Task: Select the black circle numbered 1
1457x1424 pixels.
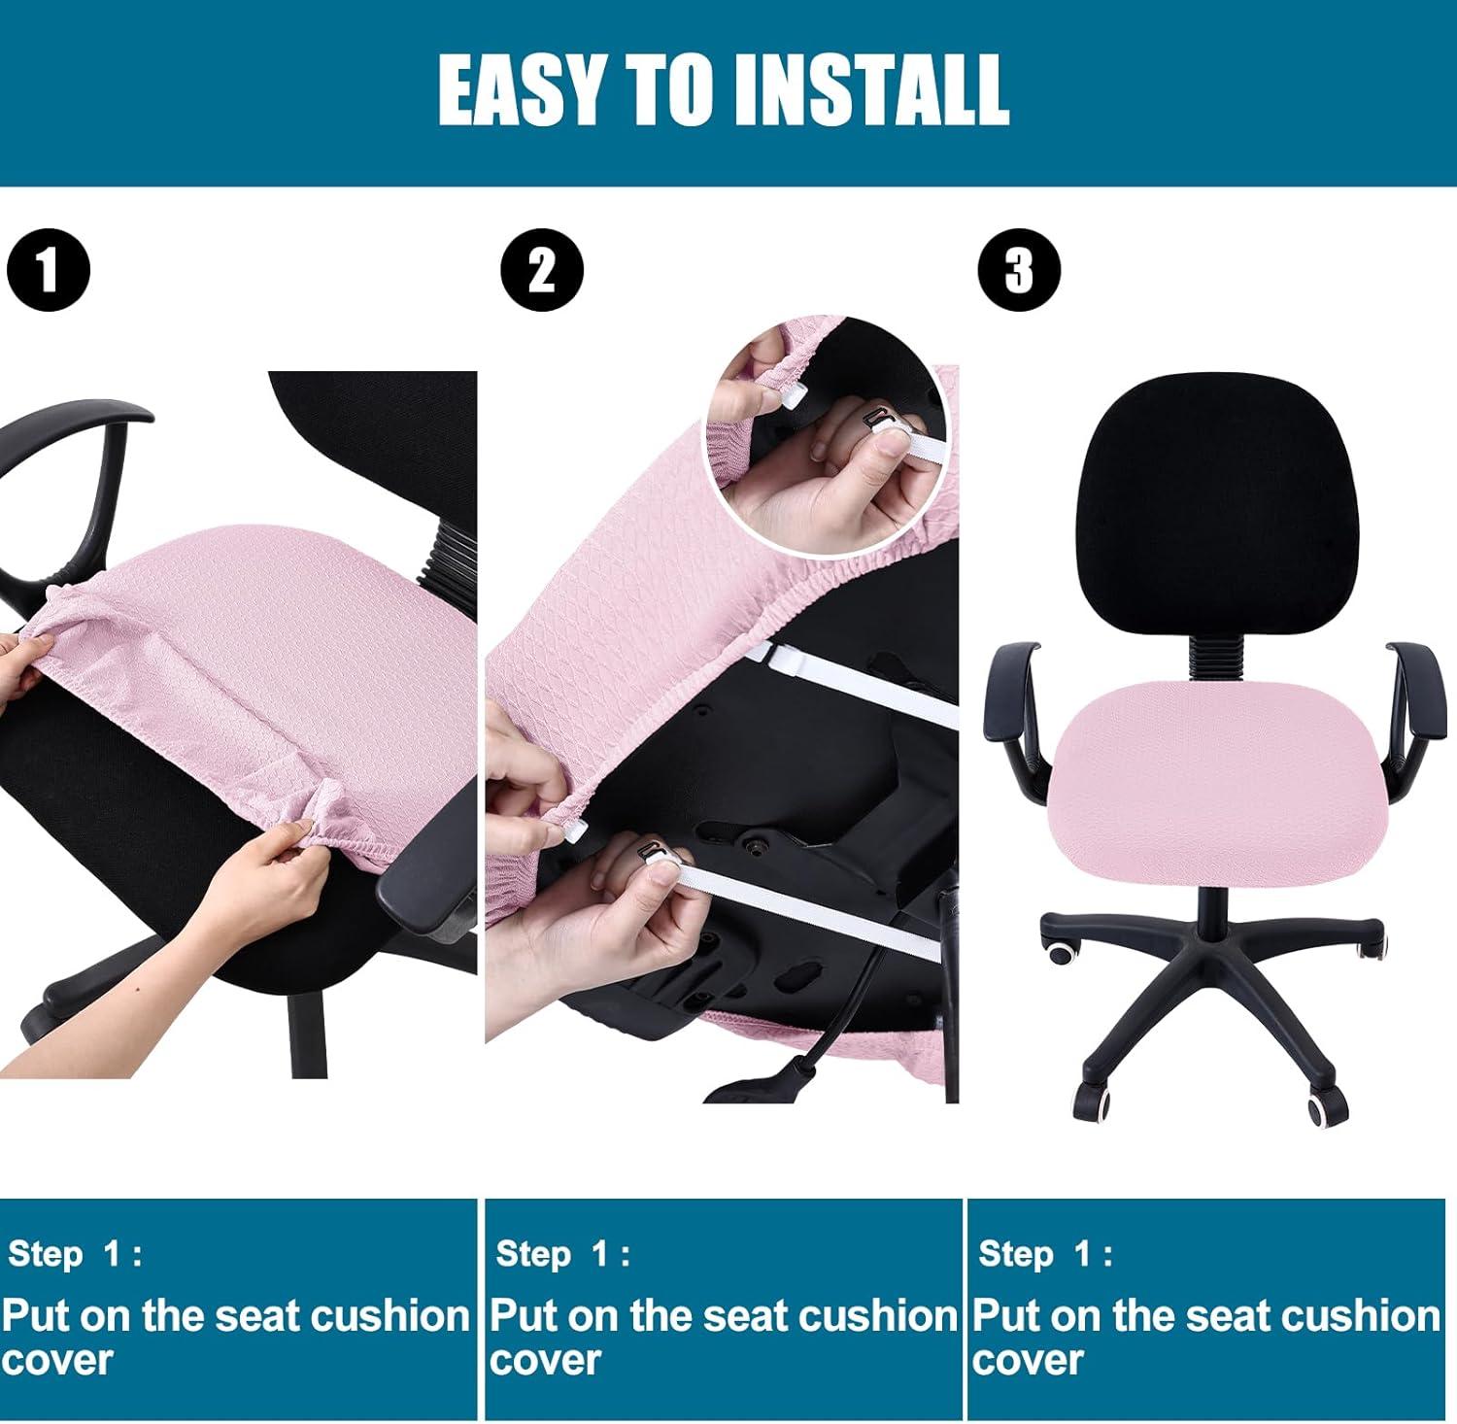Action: coord(48,269)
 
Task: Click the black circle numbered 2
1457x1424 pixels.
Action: coord(542,269)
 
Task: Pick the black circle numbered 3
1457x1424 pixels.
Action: coord(1019,269)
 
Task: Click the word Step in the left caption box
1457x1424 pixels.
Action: coord(46,1254)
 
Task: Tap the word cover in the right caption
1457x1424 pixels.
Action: coord(1028,1360)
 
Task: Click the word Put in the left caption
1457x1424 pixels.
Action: coord(36,1316)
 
